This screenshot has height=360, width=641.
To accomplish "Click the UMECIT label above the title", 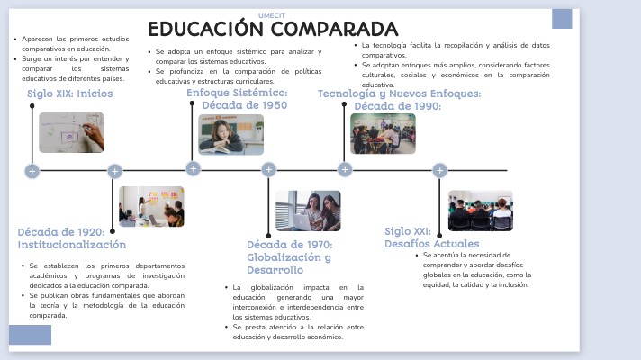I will [272, 15].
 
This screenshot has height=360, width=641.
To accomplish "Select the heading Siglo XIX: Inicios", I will [69, 94].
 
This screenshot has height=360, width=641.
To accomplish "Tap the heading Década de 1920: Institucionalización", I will [71, 238].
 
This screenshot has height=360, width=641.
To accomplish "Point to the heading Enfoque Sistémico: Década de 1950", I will [237, 99].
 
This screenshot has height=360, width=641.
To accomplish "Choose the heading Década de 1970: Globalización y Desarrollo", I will [289, 256].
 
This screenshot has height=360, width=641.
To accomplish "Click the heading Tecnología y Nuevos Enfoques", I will [399, 94].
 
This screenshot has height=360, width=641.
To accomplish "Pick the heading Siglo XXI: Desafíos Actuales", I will [431, 237].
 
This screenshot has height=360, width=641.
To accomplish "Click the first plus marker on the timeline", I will [32, 171].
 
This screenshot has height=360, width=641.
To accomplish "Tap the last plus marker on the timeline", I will [439, 170].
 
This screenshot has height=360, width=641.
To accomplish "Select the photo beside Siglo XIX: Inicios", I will [71, 132].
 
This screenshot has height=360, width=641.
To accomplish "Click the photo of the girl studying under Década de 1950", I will [231, 134].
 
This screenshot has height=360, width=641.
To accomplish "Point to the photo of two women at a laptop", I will [308, 211].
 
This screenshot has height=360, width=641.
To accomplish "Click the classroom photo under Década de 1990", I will [383, 133].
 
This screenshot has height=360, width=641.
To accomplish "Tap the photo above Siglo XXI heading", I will [480, 211].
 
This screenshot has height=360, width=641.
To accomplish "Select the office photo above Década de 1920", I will [151, 206].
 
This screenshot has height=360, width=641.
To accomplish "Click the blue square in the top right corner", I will [562, 19].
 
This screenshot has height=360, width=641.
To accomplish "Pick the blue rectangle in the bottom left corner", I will [30, 335].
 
